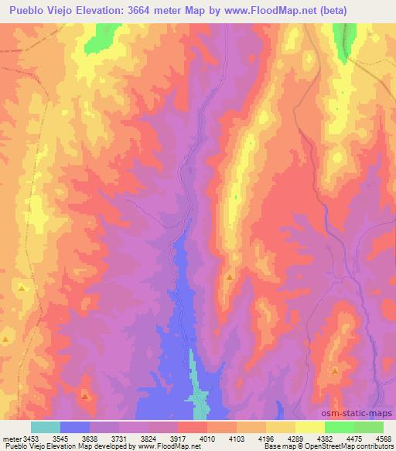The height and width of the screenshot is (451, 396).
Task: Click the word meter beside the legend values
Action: click(12, 438)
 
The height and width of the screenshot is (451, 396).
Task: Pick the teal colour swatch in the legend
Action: click(46, 427)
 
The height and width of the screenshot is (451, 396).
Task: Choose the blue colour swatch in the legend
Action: click(75, 427)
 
